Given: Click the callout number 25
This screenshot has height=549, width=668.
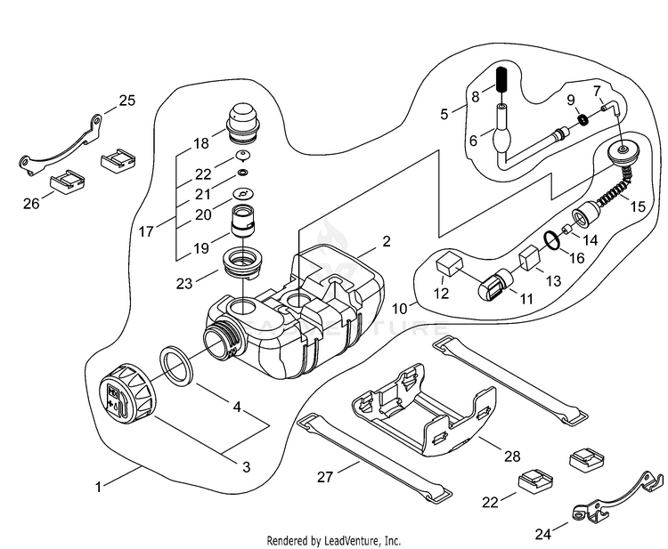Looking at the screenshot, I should tap(126, 101).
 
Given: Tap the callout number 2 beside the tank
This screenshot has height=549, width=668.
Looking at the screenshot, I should tap(386, 241).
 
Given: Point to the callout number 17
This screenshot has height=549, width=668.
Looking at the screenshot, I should tap(146, 230).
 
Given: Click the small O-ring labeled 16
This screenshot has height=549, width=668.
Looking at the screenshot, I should tap(552, 240).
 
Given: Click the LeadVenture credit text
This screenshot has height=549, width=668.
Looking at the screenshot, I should tap(334, 540).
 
